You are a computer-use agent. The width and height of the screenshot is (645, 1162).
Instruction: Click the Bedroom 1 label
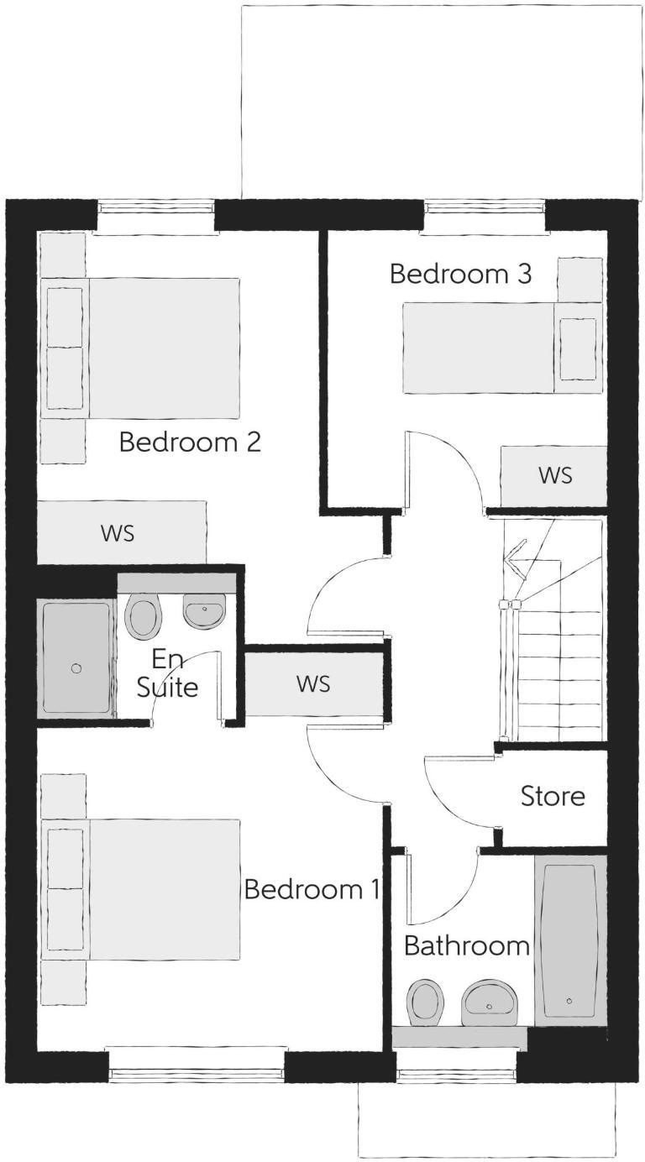point(312,889)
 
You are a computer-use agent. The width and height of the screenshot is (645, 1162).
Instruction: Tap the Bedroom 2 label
point(190,442)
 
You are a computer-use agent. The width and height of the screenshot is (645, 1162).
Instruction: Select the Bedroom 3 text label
point(460,275)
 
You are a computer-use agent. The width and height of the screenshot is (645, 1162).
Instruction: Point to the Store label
point(553,796)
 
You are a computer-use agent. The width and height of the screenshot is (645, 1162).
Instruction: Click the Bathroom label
point(466,946)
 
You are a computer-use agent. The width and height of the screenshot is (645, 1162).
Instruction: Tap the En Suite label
point(168,673)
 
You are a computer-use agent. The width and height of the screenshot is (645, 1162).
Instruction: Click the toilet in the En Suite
point(143,615)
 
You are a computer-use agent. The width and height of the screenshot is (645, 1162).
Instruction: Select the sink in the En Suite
point(204,611)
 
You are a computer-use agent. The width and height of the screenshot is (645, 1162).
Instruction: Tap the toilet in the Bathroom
point(427,1002)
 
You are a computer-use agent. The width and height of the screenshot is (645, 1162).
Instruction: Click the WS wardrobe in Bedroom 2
point(121,532)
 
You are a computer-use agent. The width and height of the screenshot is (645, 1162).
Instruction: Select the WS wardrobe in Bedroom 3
point(553,475)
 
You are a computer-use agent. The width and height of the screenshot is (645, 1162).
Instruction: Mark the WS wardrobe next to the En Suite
point(313,684)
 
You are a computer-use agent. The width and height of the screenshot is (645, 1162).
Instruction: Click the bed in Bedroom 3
point(501,348)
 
